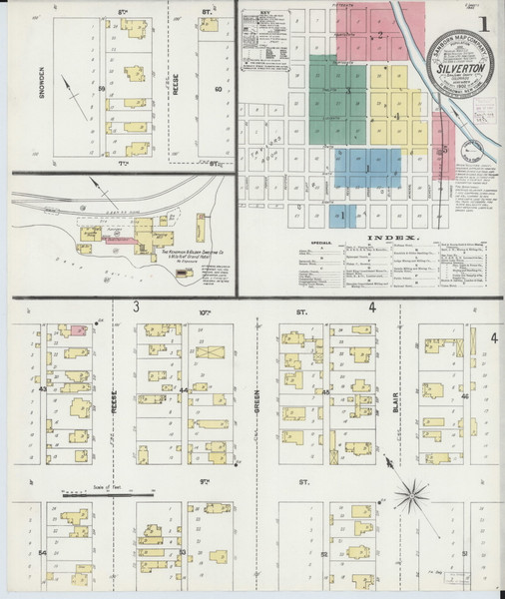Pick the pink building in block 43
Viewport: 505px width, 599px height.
pyautogui.click(x=78, y=328)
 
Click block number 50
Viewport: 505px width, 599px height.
pyautogui.click(x=103, y=89)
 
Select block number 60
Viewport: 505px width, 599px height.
pyautogui.click(x=219, y=89)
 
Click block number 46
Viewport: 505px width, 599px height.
pyautogui.click(x=465, y=395)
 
